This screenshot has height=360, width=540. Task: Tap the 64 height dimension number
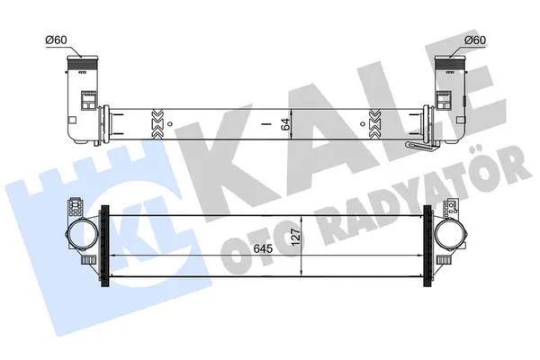coord(287,124)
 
